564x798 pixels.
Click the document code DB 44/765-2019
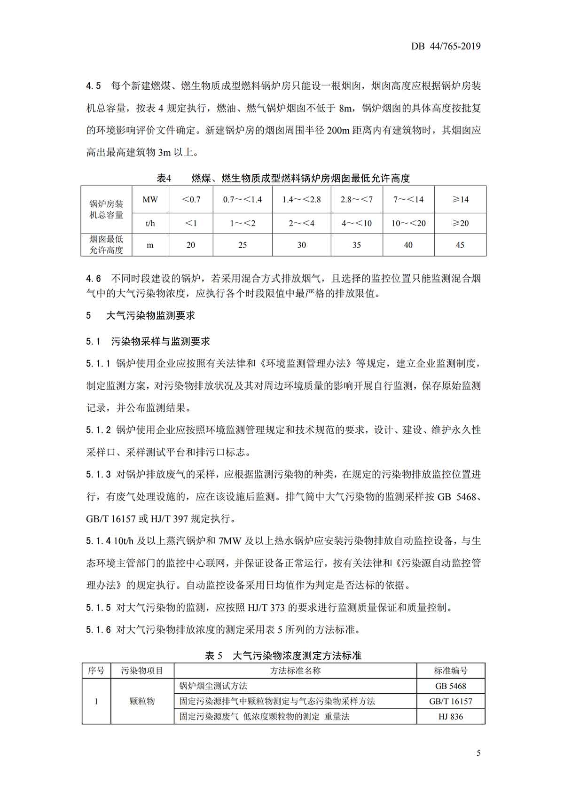point(446,46)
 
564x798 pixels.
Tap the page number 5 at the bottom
point(478,753)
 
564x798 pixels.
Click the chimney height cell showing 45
point(460,245)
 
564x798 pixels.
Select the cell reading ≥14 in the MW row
point(460,199)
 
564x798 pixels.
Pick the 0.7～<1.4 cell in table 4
point(242,199)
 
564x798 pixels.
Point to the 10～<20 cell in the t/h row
point(408,223)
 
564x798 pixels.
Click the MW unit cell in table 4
point(150,199)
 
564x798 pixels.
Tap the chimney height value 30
point(301,245)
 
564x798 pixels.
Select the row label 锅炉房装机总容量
point(106,210)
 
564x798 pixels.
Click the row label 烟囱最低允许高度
point(106,245)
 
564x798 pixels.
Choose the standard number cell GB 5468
point(450,686)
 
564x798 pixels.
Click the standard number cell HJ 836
point(450,717)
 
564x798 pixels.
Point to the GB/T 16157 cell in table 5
point(450,701)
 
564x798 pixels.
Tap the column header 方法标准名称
point(295,671)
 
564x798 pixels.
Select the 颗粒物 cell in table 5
point(142,701)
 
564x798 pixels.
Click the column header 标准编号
point(450,671)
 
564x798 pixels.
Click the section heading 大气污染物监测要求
point(150,315)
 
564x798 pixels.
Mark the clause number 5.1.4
point(98,541)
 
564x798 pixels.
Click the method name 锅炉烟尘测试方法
point(213,686)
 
